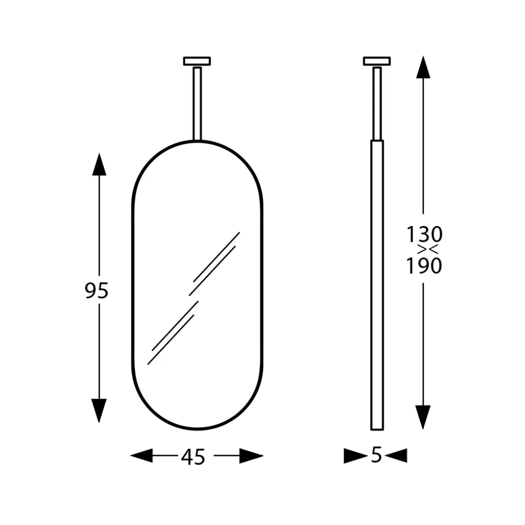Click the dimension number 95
click(96, 291)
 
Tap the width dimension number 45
click(193, 457)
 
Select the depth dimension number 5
click(377, 455)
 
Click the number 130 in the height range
click(424, 234)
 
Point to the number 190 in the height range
click(424, 266)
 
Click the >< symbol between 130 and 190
click(428, 250)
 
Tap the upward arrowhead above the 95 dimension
click(99, 164)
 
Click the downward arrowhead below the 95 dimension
click(99, 410)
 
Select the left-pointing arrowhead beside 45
click(141, 455)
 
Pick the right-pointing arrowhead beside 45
click(251, 456)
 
